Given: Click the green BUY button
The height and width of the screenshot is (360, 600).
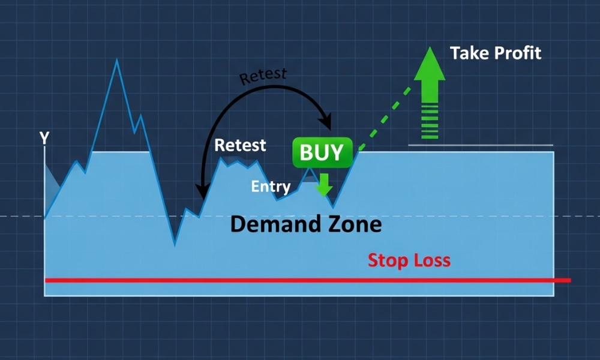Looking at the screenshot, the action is tap(322, 152).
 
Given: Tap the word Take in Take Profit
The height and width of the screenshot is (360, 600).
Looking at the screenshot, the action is tap(469, 53).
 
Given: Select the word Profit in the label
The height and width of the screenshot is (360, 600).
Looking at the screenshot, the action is tap(518, 53).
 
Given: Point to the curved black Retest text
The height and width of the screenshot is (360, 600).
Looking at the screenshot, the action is tap(263, 76).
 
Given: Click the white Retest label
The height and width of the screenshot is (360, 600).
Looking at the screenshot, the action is tap(240, 145).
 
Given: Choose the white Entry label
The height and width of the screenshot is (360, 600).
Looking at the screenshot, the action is tap(271, 187).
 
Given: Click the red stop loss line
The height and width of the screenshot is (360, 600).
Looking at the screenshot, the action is tap(308, 280).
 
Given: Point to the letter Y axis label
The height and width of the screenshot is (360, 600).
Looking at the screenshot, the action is tap(44, 138).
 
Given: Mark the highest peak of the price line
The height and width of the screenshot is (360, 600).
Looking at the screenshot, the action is tap(117, 59).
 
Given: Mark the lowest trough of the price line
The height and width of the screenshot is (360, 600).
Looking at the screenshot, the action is tap(175, 244).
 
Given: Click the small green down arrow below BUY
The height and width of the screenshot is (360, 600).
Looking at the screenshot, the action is tap(324, 184).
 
